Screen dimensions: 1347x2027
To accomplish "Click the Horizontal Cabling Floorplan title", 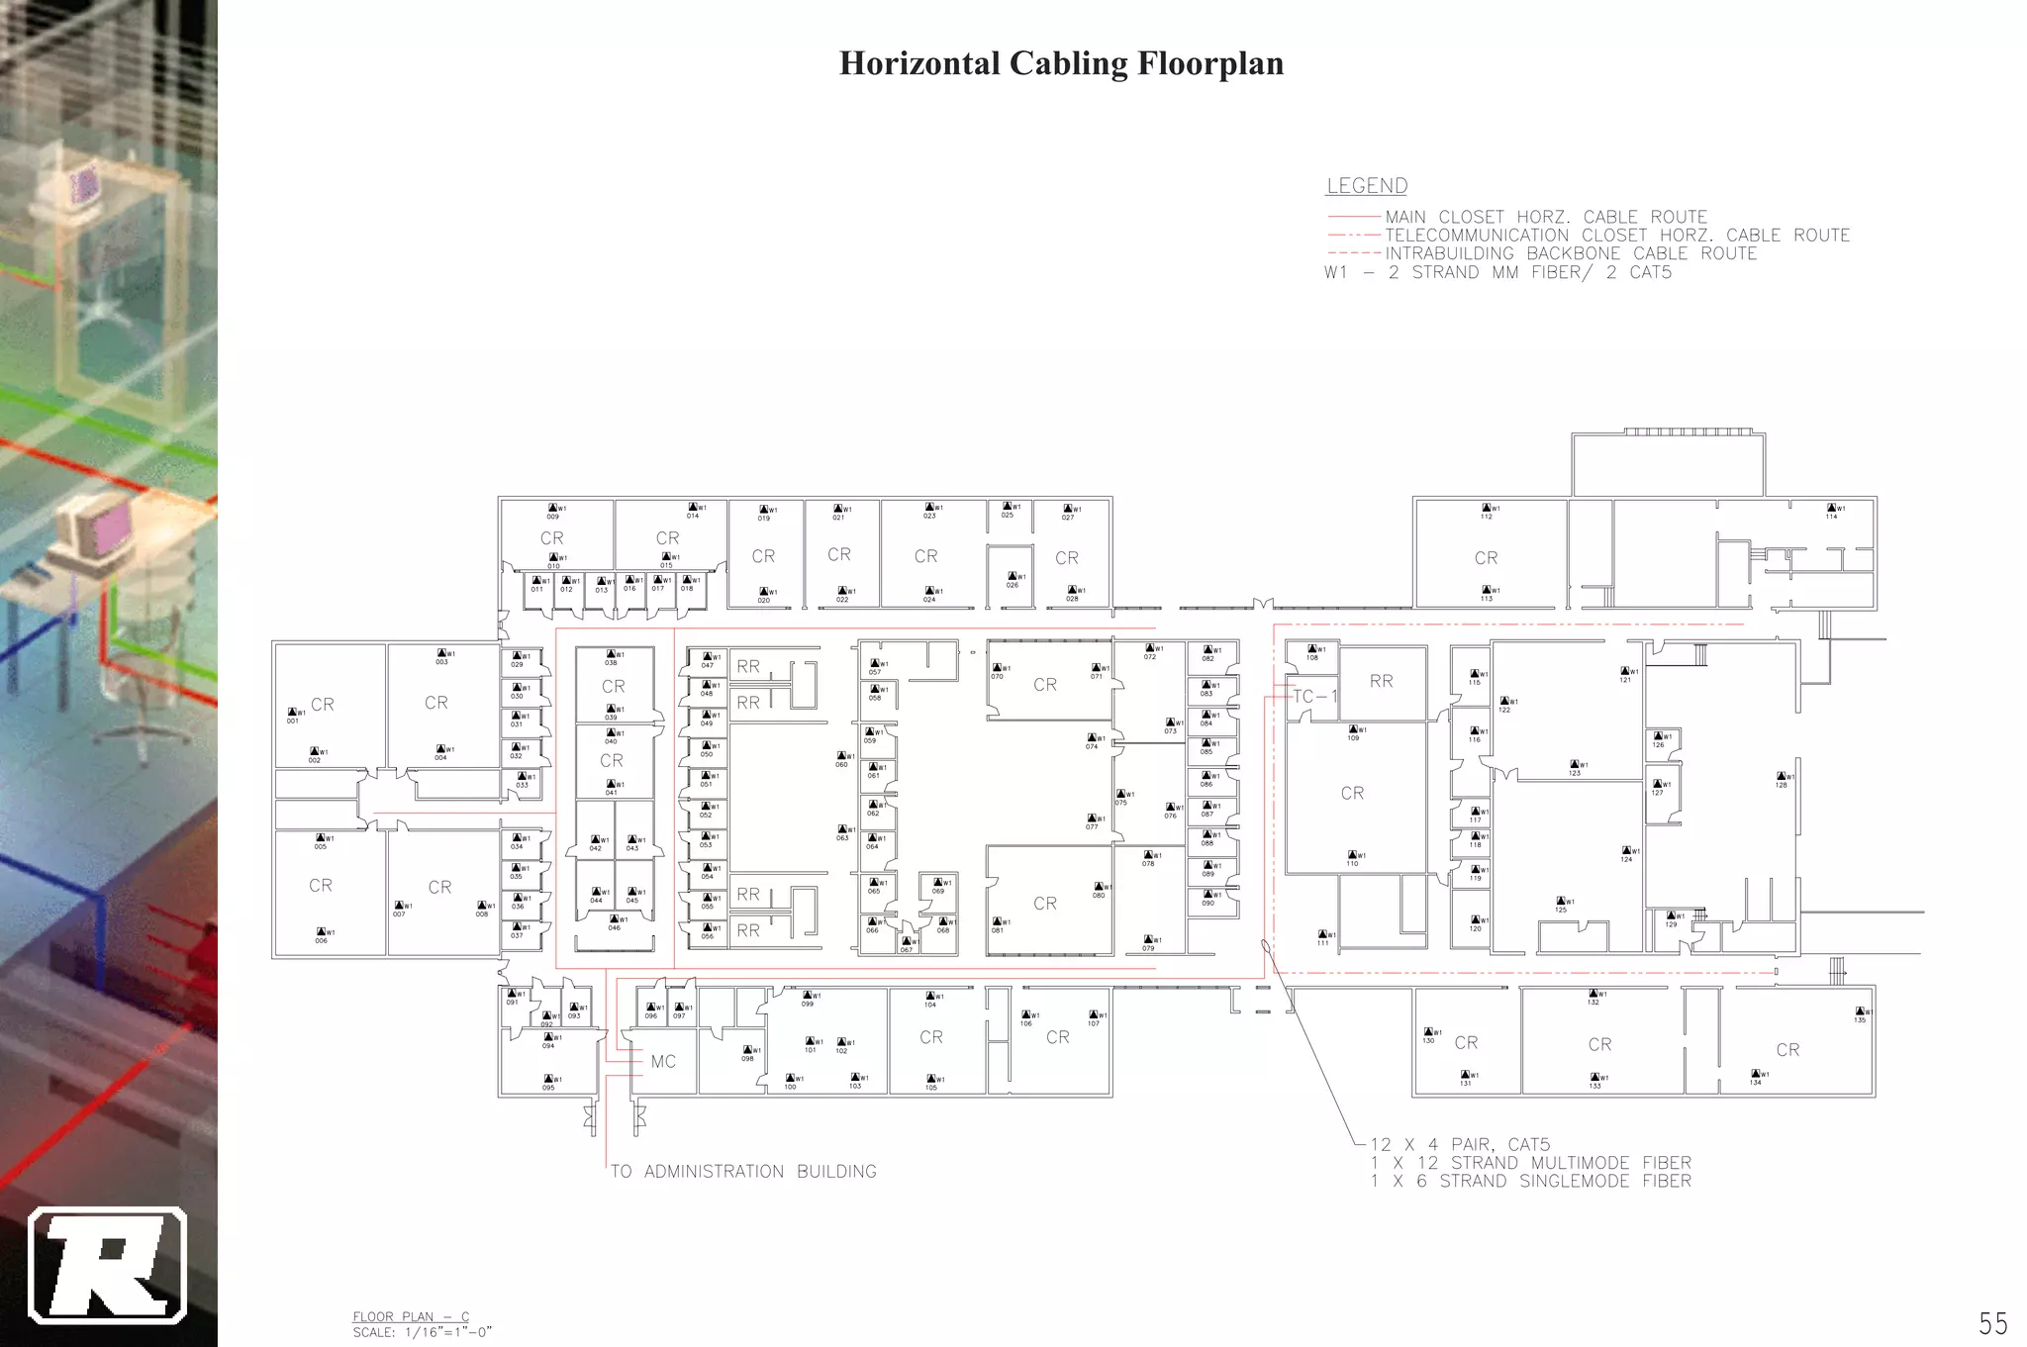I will [x=1061, y=63].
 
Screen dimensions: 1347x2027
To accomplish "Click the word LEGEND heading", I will [x=1366, y=186].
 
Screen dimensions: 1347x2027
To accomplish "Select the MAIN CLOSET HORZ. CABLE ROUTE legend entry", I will [x=1545, y=217].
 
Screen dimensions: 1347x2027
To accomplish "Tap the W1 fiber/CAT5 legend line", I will [x=1497, y=272].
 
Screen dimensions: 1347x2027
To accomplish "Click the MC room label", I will [x=663, y=1062].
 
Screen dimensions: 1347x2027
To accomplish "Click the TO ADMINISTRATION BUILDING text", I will [x=743, y=1172].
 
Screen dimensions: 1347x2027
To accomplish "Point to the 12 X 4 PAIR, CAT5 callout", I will [x=1460, y=1145].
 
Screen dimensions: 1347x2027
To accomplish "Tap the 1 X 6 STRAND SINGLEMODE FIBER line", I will [x=1530, y=1181].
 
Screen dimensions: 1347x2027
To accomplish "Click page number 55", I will [x=1992, y=1323].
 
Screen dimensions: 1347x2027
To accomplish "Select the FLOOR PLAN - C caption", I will [x=411, y=1316].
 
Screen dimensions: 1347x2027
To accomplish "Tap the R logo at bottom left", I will [x=107, y=1266].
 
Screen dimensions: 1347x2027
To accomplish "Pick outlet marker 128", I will [x=1782, y=780].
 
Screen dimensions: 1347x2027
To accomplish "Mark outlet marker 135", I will [x=1860, y=1014].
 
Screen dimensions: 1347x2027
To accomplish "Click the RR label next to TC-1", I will [x=1381, y=681].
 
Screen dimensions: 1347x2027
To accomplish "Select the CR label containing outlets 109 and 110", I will [x=1352, y=794].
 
